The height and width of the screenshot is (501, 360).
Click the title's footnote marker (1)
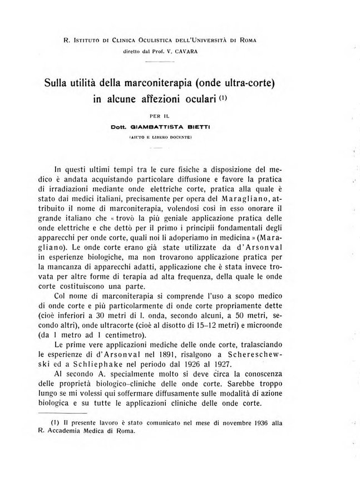click(x=223, y=100)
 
